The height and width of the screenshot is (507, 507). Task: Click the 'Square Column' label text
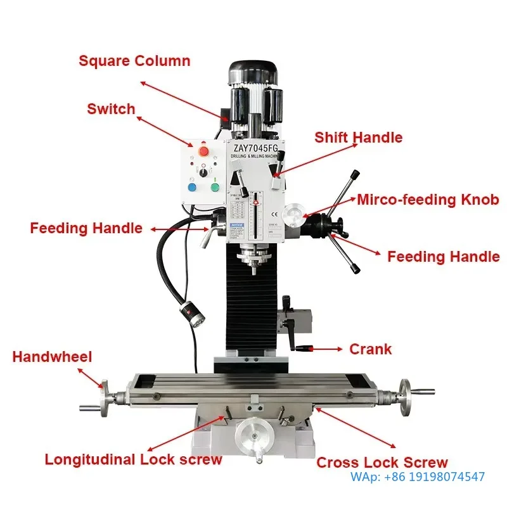point(134,61)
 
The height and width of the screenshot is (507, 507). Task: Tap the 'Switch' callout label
point(111,109)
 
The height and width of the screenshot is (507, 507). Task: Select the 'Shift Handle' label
point(358,138)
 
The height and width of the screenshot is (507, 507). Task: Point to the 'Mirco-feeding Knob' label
point(428,200)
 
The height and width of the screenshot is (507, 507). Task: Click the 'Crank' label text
point(370,349)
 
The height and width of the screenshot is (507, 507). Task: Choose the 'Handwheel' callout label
point(52,357)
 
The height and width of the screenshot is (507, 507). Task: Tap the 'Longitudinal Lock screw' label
point(133,460)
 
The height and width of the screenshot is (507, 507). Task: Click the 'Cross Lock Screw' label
point(382,463)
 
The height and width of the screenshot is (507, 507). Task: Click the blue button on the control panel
point(192,188)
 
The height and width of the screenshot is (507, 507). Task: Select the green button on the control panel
point(215,188)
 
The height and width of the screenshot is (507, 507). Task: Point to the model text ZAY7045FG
point(256,148)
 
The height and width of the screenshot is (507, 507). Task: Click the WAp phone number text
point(418,477)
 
